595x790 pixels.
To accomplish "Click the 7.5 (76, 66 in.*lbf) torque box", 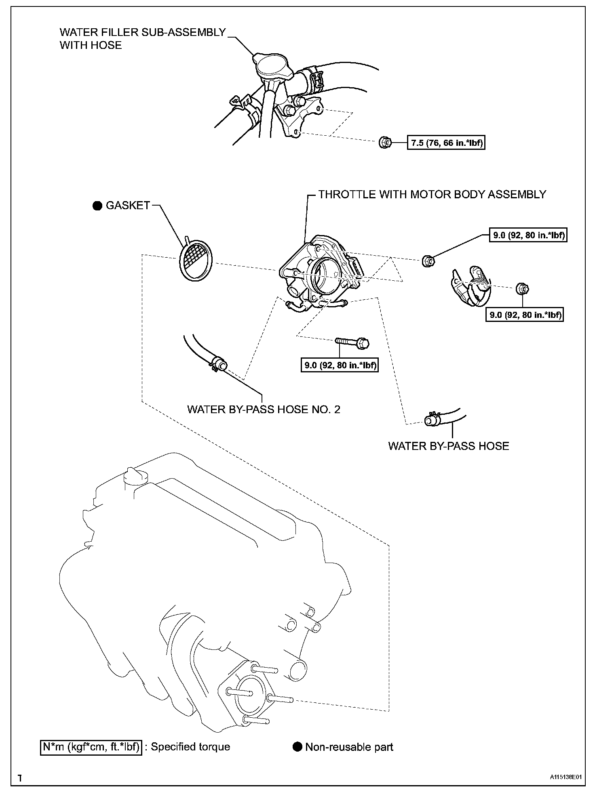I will tap(446, 143).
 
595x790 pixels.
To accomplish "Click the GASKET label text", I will tap(128, 206).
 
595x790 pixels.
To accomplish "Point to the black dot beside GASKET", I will tap(97, 206).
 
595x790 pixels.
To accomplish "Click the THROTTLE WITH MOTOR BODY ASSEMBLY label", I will tap(432, 194).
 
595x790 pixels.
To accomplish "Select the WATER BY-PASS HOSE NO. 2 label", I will tap(264, 409).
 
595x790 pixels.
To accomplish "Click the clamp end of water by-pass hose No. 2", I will tap(219, 363).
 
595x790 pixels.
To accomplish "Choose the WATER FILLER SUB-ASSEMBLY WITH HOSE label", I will tap(142, 38).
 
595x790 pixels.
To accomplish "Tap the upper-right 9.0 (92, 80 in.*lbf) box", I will tap(528, 235).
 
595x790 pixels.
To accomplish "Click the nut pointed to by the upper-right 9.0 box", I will tap(428, 261).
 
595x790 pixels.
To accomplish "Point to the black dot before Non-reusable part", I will tap(297, 747).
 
